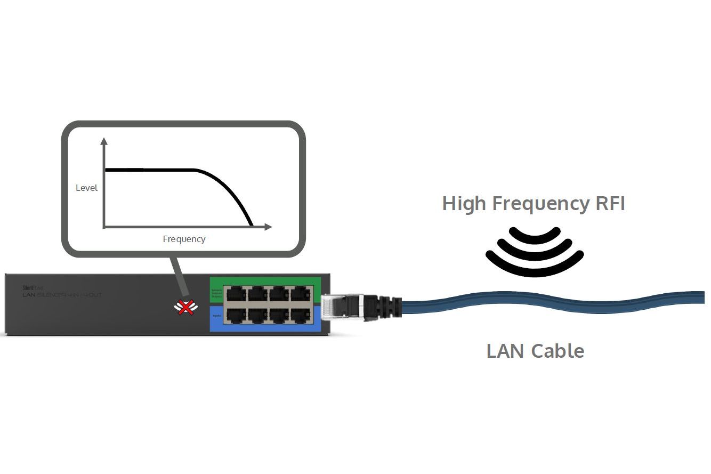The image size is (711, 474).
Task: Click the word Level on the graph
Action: click(x=86, y=188)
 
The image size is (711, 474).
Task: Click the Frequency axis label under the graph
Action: click(x=184, y=239)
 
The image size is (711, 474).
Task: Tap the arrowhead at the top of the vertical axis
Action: click(x=104, y=142)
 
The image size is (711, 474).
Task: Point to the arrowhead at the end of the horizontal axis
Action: click(x=268, y=227)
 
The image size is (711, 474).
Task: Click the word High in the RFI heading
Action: click(x=464, y=204)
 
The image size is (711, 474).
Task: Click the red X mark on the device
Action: click(x=185, y=307)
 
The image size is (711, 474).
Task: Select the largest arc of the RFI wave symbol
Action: click(x=535, y=261)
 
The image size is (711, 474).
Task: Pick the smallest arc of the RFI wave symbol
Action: click(x=535, y=233)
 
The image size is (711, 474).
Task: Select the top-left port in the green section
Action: click(x=235, y=293)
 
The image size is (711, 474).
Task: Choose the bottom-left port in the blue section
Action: click(x=235, y=315)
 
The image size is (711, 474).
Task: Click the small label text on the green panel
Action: click(x=216, y=293)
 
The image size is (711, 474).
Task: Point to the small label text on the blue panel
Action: click(x=216, y=316)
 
